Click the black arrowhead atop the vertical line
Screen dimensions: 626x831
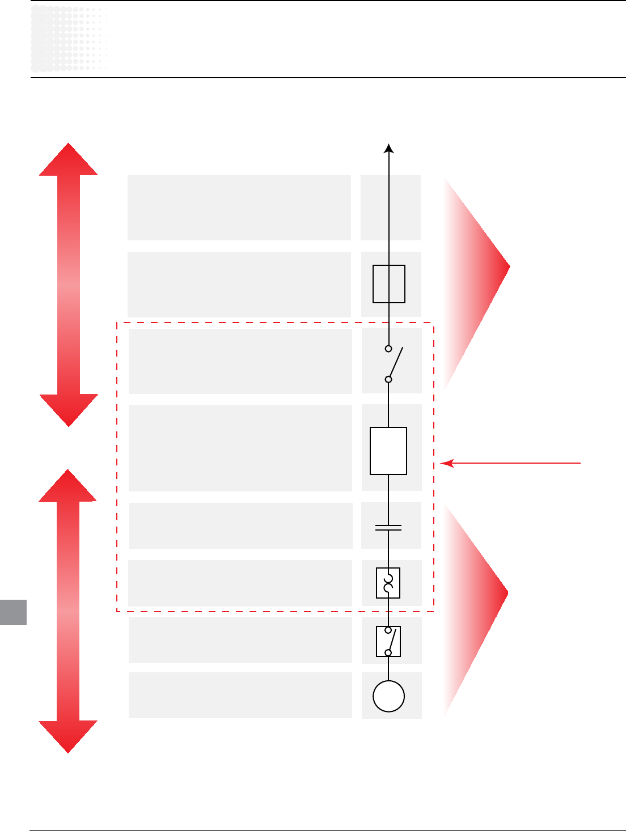pos(389,148)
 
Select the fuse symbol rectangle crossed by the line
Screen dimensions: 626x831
pos(389,284)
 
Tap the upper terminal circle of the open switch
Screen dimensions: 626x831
pos(388,349)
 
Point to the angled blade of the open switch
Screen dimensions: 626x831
pos(396,363)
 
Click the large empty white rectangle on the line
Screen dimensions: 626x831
pos(388,451)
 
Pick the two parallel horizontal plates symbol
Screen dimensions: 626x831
pos(388,528)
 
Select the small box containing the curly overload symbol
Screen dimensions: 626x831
pos(388,583)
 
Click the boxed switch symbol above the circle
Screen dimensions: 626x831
pos(388,641)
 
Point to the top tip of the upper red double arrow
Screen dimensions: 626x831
pos(68,144)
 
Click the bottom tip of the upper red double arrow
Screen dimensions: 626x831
pos(68,425)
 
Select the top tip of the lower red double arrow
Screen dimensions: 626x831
pos(68,470)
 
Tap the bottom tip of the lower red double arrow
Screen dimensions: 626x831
pos(68,752)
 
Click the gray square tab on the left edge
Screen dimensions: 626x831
pos(13,612)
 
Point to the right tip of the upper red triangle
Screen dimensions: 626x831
pos(509,266)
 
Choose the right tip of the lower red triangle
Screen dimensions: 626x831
pos(507,593)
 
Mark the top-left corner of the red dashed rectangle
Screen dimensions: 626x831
pos(117,323)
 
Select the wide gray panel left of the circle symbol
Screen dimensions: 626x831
pos(240,695)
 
